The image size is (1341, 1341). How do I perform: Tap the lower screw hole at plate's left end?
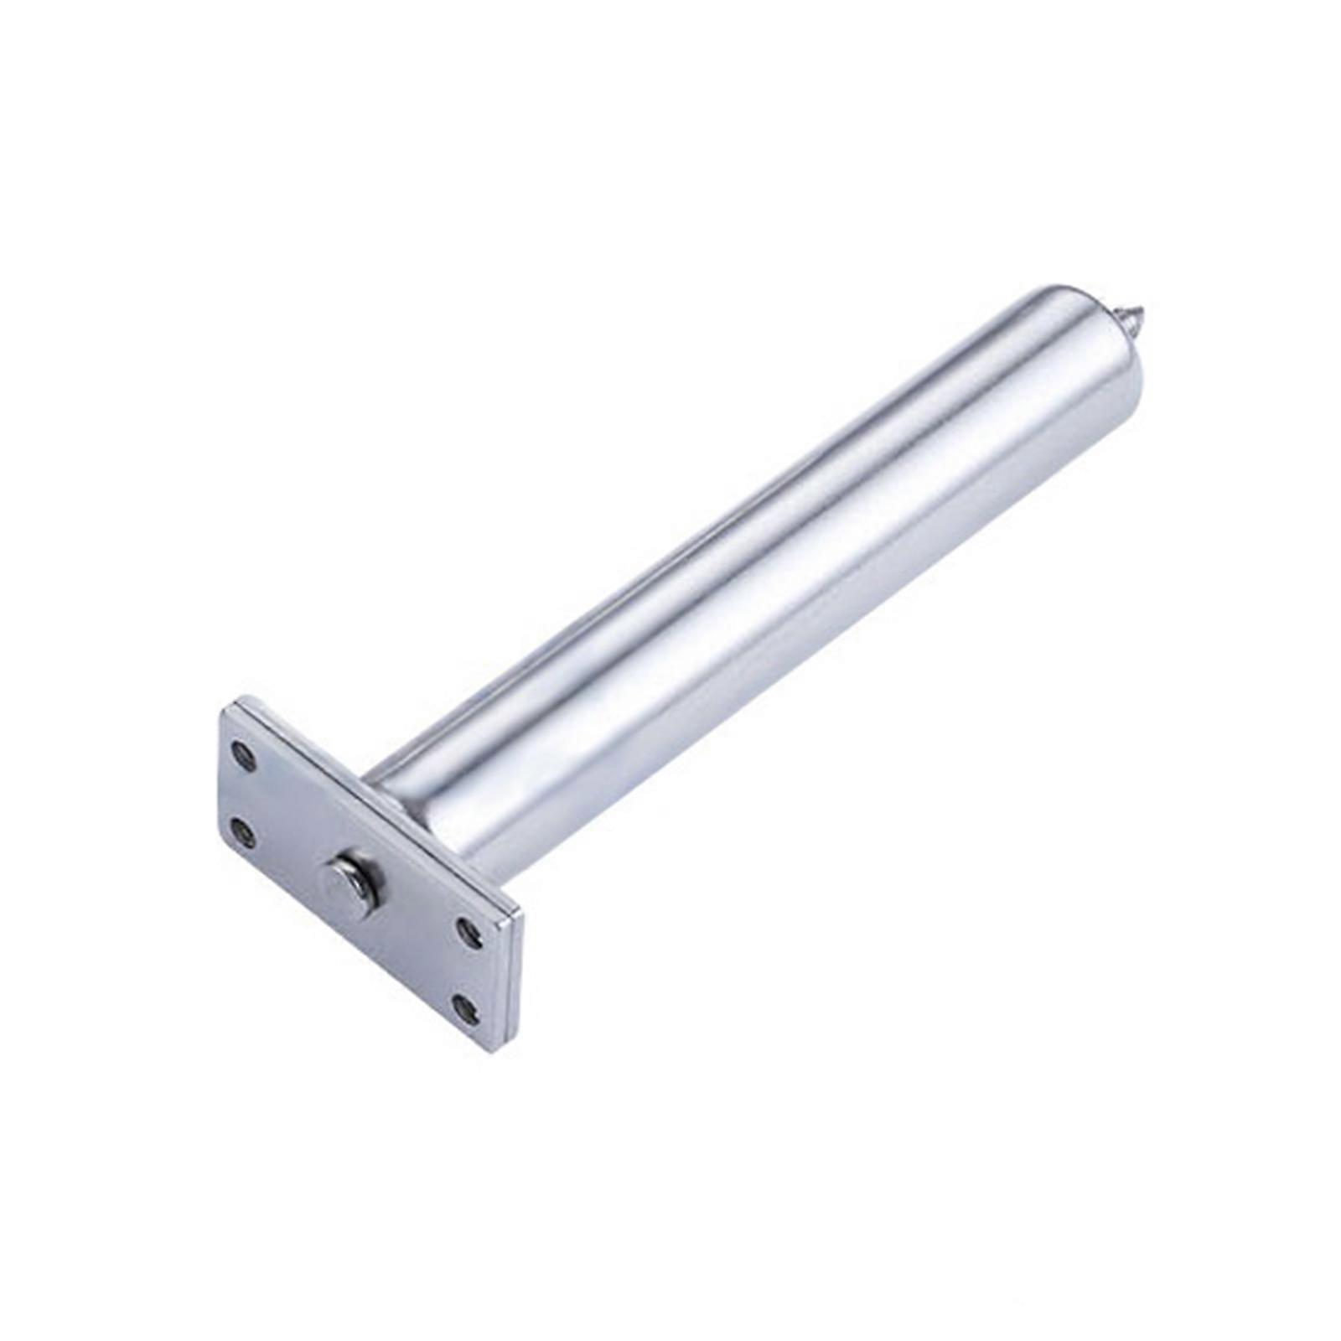pyautogui.click(x=243, y=830)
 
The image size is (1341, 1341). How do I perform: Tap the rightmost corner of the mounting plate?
pyautogui.click(x=521, y=914)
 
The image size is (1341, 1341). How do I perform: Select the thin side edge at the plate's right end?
pyautogui.click(x=513, y=981)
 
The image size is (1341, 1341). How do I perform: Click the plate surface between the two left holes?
pyautogui.click(x=244, y=792)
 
